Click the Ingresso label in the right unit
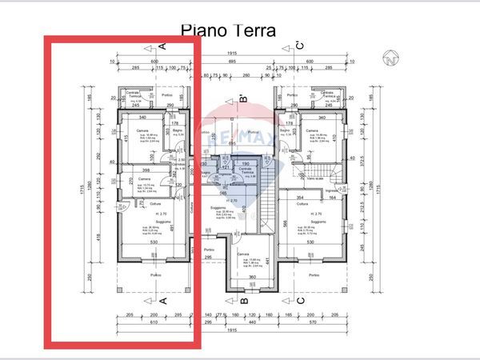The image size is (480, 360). click(x=330, y=192)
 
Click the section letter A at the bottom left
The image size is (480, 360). click(x=161, y=301)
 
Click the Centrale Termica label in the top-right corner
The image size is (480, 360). click(x=327, y=96)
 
